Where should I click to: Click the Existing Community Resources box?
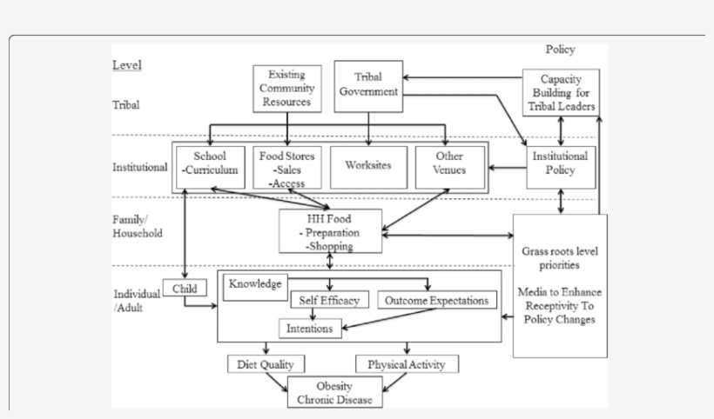(x=286, y=89)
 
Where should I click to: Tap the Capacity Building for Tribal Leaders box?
(x=561, y=92)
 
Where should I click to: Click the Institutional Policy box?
(x=561, y=163)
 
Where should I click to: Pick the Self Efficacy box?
(x=330, y=300)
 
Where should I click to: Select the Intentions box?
(x=310, y=329)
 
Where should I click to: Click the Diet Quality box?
(x=266, y=364)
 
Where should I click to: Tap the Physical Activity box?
(x=407, y=364)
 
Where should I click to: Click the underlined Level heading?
(x=127, y=65)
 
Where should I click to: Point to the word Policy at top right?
(x=560, y=50)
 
